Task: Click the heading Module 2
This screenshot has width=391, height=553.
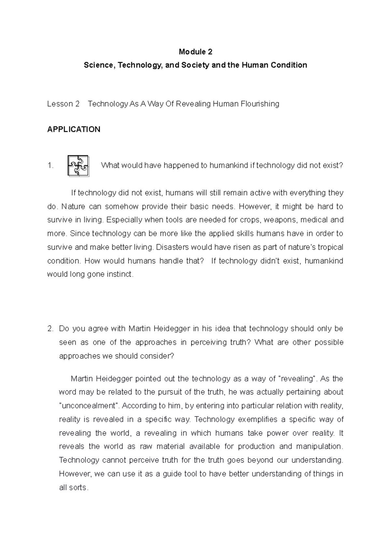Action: pyautogui.click(x=195, y=52)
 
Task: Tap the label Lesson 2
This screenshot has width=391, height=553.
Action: pyautogui.click(x=63, y=104)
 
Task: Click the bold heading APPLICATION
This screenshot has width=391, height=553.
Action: pyautogui.click(x=74, y=129)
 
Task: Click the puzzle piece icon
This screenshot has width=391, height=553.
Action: pyautogui.click(x=78, y=166)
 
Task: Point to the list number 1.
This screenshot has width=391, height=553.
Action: pyautogui.click(x=50, y=166)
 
